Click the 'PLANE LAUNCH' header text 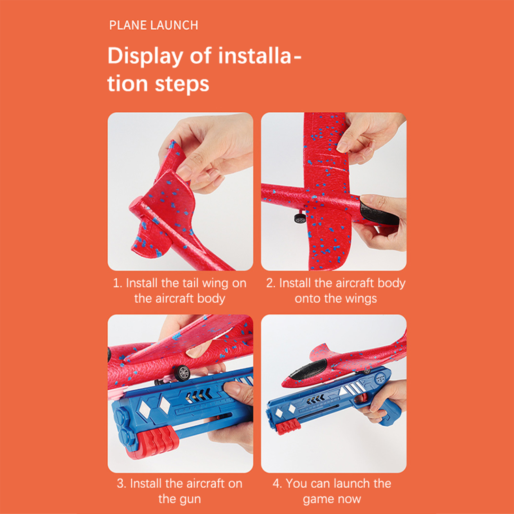154,25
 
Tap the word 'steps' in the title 182,84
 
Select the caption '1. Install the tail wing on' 180,283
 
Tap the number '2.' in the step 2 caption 271,283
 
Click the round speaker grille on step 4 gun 381,378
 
